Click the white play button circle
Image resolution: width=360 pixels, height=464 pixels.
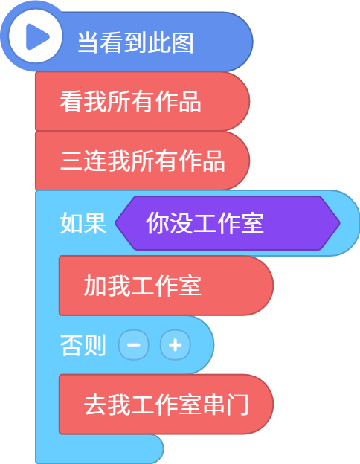36,36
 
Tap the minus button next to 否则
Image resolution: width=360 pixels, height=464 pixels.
134,345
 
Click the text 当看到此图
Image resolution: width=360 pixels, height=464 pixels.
135,42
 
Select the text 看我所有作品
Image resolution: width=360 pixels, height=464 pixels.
131,101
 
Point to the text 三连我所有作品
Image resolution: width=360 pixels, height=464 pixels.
142,161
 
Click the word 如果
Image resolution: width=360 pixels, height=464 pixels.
83,223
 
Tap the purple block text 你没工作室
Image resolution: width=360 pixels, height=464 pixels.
205,223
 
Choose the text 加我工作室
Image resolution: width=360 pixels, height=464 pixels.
143,286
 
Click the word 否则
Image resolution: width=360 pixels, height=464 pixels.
83,345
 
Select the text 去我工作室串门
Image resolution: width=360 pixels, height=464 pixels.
166,405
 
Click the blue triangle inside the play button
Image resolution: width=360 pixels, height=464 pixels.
37,36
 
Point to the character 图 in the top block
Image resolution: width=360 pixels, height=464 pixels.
183,42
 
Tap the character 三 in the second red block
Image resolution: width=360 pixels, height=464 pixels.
71,161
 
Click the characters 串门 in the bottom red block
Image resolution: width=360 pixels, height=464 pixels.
225,405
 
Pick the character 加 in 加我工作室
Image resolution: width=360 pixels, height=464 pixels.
95,286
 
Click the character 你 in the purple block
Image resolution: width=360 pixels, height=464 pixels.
157,223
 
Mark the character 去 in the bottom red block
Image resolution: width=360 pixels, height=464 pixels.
95,405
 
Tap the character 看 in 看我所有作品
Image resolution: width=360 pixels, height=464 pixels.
71,101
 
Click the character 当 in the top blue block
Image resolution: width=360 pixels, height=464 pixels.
89,42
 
